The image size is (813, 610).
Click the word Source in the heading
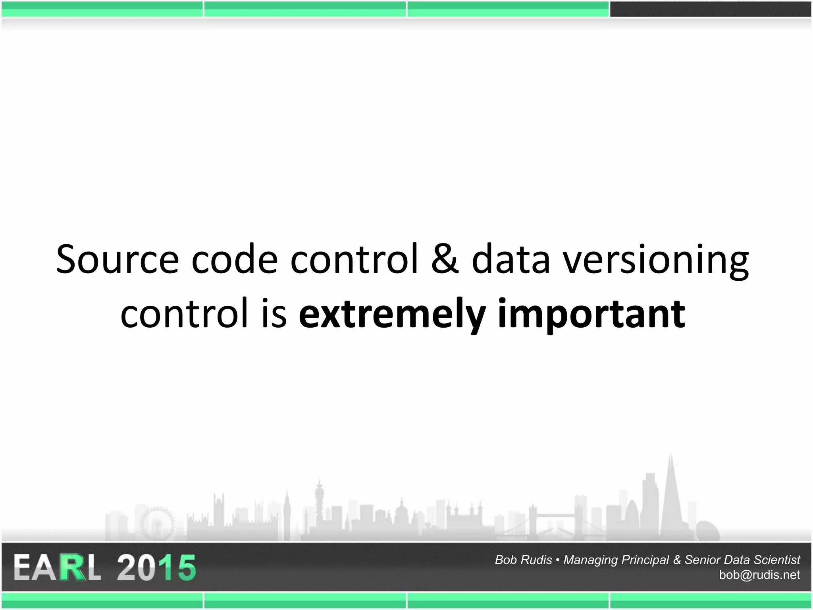point(118,260)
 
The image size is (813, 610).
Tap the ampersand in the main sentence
point(445,260)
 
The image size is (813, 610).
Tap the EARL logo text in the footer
point(57,568)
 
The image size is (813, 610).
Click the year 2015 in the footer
point(156,568)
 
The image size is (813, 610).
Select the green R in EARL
point(73,568)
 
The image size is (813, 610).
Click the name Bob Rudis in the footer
point(523,560)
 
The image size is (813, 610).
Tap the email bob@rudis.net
point(759,575)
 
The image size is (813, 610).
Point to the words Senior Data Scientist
point(742,560)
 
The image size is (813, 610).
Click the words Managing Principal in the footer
point(616,560)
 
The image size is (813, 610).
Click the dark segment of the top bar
point(711,9)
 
